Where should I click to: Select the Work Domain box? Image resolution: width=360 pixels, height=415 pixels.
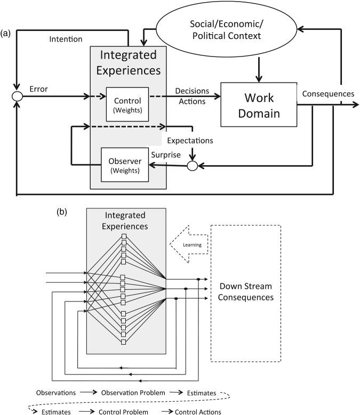pos(259,105)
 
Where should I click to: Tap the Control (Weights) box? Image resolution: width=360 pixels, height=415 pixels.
pos(127,104)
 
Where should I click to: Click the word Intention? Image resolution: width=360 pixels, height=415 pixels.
pos(65,39)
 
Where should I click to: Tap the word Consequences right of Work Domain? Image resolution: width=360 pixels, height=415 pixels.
pos(328,93)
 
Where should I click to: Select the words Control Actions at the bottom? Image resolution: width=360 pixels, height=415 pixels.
pos(192,411)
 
